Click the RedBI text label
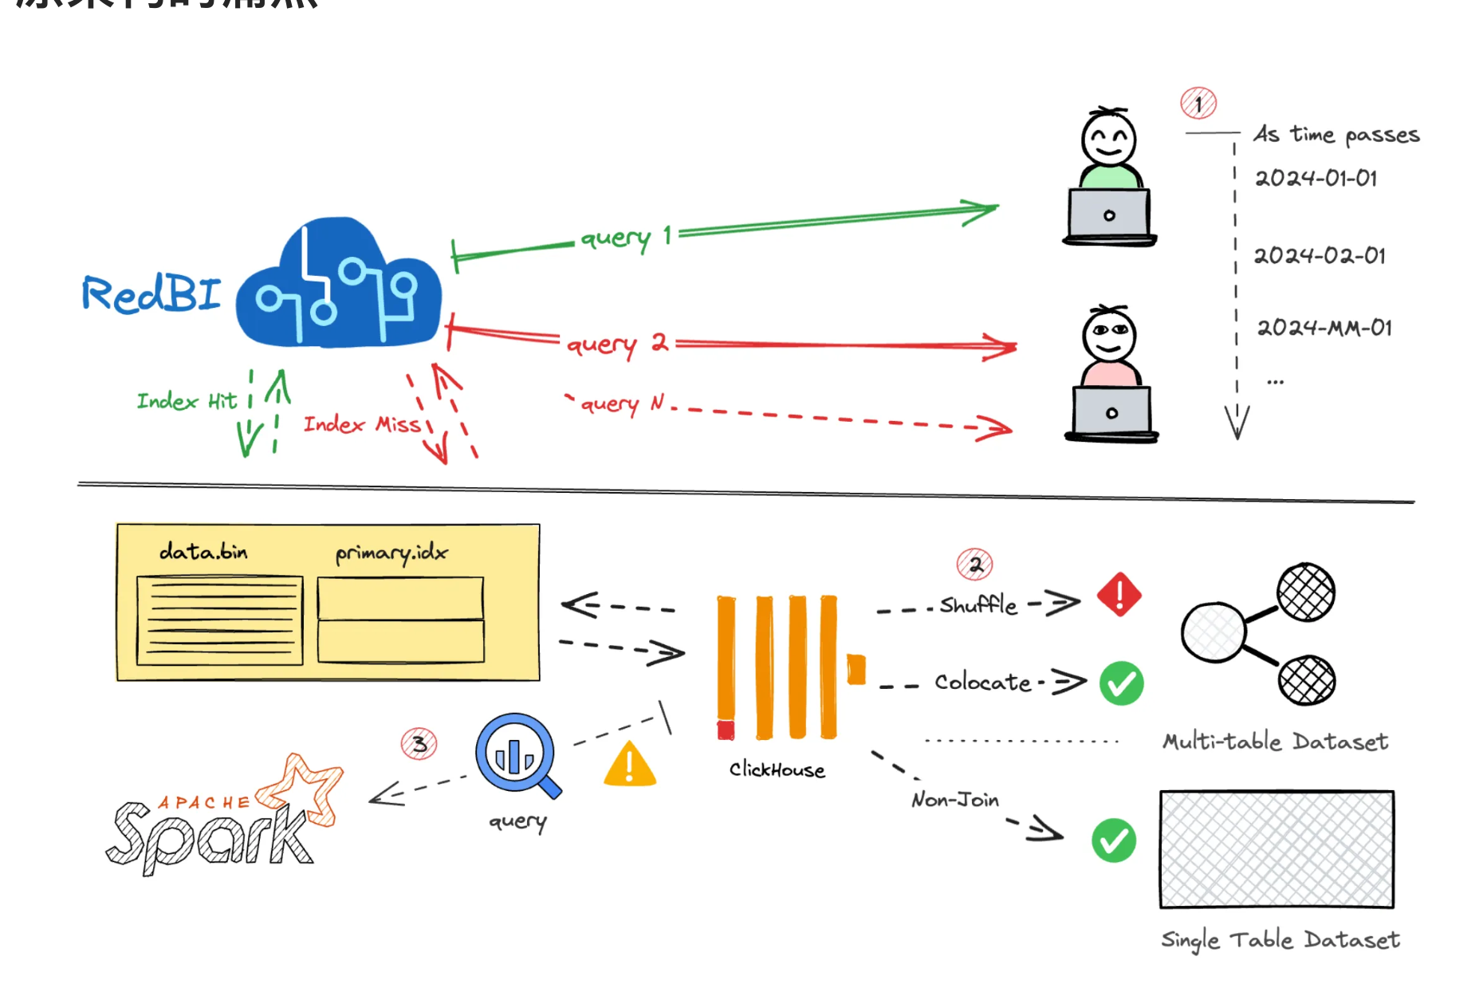(x=151, y=293)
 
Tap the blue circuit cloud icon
(x=339, y=287)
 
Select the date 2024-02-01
(x=1320, y=256)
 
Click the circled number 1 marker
(x=1198, y=103)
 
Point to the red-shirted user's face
(x=1109, y=335)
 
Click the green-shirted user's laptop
(x=1109, y=215)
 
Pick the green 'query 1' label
(x=626, y=237)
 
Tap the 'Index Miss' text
(x=362, y=424)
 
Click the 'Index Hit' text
(x=187, y=400)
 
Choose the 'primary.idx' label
(x=391, y=552)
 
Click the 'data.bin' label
(x=203, y=551)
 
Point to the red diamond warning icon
(x=1119, y=595)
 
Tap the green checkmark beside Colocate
(x=1121, y=683)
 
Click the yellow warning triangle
(x=630, y=765)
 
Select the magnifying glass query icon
(x=517, y=754)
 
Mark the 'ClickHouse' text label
(x=777, y=769)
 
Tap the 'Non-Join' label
(x=954, y=799)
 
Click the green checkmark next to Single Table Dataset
(x=1114, y=840)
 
